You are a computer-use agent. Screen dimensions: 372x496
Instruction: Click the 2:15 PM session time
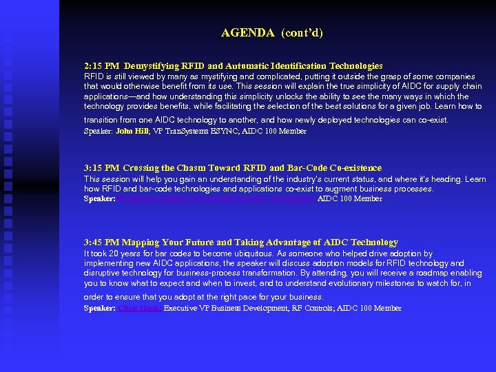point(102,66)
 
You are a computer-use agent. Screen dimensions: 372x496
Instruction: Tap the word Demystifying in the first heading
point(154,66)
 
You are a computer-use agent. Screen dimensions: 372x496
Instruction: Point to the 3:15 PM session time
point(102,168)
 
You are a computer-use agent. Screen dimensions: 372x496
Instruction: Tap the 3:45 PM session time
point(102,242)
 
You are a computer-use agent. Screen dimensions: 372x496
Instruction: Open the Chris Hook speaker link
point(140,308)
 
